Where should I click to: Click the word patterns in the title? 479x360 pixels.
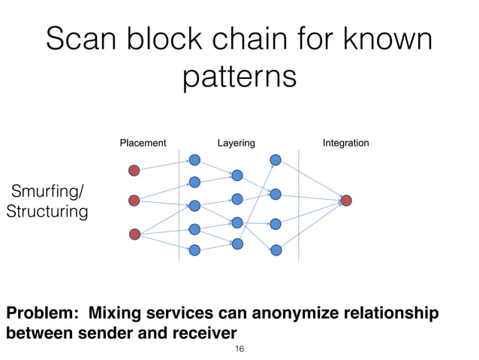click(x=239, y=77)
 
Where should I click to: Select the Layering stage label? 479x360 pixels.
click(x=236, y=142)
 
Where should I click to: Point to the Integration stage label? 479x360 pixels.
click(x=345, y=142)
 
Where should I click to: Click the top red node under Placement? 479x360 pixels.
click(x=134, y=170)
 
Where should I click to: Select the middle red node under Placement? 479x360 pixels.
click(x=134, y=201)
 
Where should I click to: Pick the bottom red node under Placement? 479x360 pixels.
click(x=134, y=234)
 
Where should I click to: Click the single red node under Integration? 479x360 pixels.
click(x=346, y=201)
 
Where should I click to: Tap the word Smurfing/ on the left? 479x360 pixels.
click(x=47, y=191)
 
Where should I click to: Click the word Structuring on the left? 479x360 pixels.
click(x=47, y=212)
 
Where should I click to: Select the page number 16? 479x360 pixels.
click(x=239, y=349)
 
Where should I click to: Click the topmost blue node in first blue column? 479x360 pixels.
click(x=195, y=159)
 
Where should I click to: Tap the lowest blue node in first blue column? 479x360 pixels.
click(x=195, y=250)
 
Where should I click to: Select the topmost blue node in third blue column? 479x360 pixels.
click(x=276, y=160)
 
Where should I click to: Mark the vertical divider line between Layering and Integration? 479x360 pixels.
click(x=300, y=203)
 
